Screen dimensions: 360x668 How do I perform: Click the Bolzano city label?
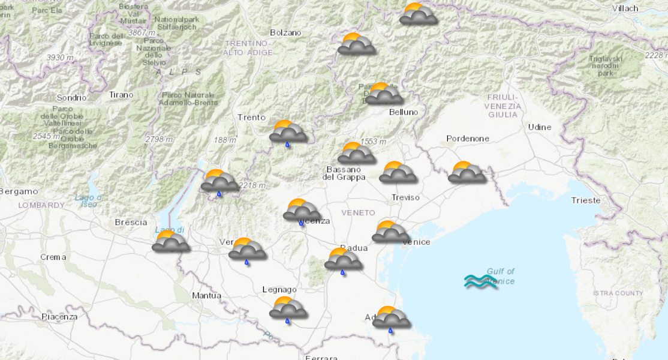click(x=285, y=32)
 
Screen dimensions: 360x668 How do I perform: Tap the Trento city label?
click(x=251, y=117)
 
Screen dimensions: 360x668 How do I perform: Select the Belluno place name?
click(x=404, y=112)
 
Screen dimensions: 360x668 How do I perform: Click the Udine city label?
click(x=539, y=127)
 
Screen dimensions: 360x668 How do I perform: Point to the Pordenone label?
click(x=468, y=139)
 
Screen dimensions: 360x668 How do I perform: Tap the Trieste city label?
click(x=585, y=200)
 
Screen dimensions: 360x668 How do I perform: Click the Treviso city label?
click(x=405, y=197)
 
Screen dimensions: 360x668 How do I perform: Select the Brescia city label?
click(x=131, y=222)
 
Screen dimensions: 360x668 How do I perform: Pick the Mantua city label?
click(x=206, y=295)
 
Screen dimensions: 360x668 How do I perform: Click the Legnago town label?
click(x=279, y=290)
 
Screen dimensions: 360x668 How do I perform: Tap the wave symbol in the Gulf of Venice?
click(x=481, y=281)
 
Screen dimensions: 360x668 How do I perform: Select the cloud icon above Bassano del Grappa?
click(x=356, y=154)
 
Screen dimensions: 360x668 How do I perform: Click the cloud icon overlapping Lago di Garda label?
click(x=171, y=241)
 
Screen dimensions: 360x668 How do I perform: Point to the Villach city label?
click(x=625, y=8)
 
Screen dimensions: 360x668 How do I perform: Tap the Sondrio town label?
click(x=71, y=97)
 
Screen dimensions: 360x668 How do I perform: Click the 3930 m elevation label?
click(x=60, y=57)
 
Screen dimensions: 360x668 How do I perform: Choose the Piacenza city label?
click(x=59, y=316)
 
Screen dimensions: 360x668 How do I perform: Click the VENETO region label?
click(x=358, y=213)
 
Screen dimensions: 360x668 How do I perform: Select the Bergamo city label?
click(x=19, y=191)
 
